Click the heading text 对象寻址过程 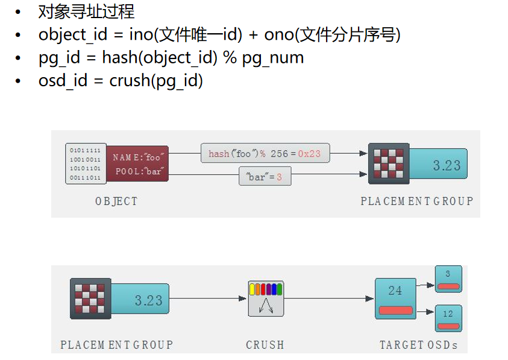(86, 11)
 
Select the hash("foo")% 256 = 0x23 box (265, 154)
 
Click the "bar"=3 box (265, 177)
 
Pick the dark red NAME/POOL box (138, 164)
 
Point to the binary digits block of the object (86, 163)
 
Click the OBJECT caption (116, 201)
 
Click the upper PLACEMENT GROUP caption (417, 201)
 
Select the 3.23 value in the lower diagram (148, 300)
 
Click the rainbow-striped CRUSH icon (266, 298)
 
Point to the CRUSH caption (265, 345)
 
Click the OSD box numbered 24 (395, 298)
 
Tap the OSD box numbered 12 (448, 318)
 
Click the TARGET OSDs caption (418, 345)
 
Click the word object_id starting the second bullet (72, 34)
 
